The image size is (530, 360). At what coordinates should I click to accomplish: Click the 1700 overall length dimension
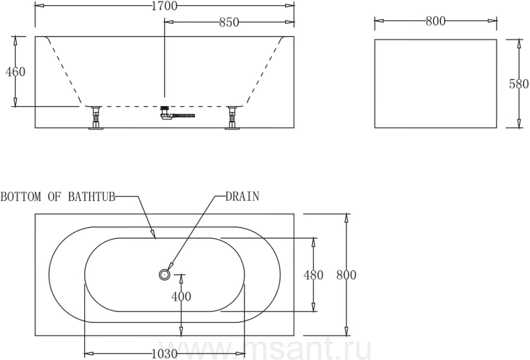click(164, 5)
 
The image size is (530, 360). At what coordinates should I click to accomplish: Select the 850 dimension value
click(229, 22)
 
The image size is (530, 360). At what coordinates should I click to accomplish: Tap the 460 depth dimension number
click(15, 72)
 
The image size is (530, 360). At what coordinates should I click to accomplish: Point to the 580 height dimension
click(519, 84)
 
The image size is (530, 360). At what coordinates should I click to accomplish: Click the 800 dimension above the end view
click(435, 21)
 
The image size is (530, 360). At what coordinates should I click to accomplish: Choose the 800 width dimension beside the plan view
click(346, 275)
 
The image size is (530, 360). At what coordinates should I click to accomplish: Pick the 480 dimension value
click(313, 275)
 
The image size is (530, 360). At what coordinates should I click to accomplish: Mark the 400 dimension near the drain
click(181, 296)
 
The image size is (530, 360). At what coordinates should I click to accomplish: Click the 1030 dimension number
click(164, 354)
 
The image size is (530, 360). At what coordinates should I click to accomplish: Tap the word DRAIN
click(243, 196)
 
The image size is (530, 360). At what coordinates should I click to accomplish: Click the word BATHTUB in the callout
click(92, 197)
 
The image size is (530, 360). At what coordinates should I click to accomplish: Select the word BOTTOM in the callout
click(21, 197)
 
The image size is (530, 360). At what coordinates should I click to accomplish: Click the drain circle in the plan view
click(164, 275)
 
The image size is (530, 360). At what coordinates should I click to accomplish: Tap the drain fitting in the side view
click(165, 113)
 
